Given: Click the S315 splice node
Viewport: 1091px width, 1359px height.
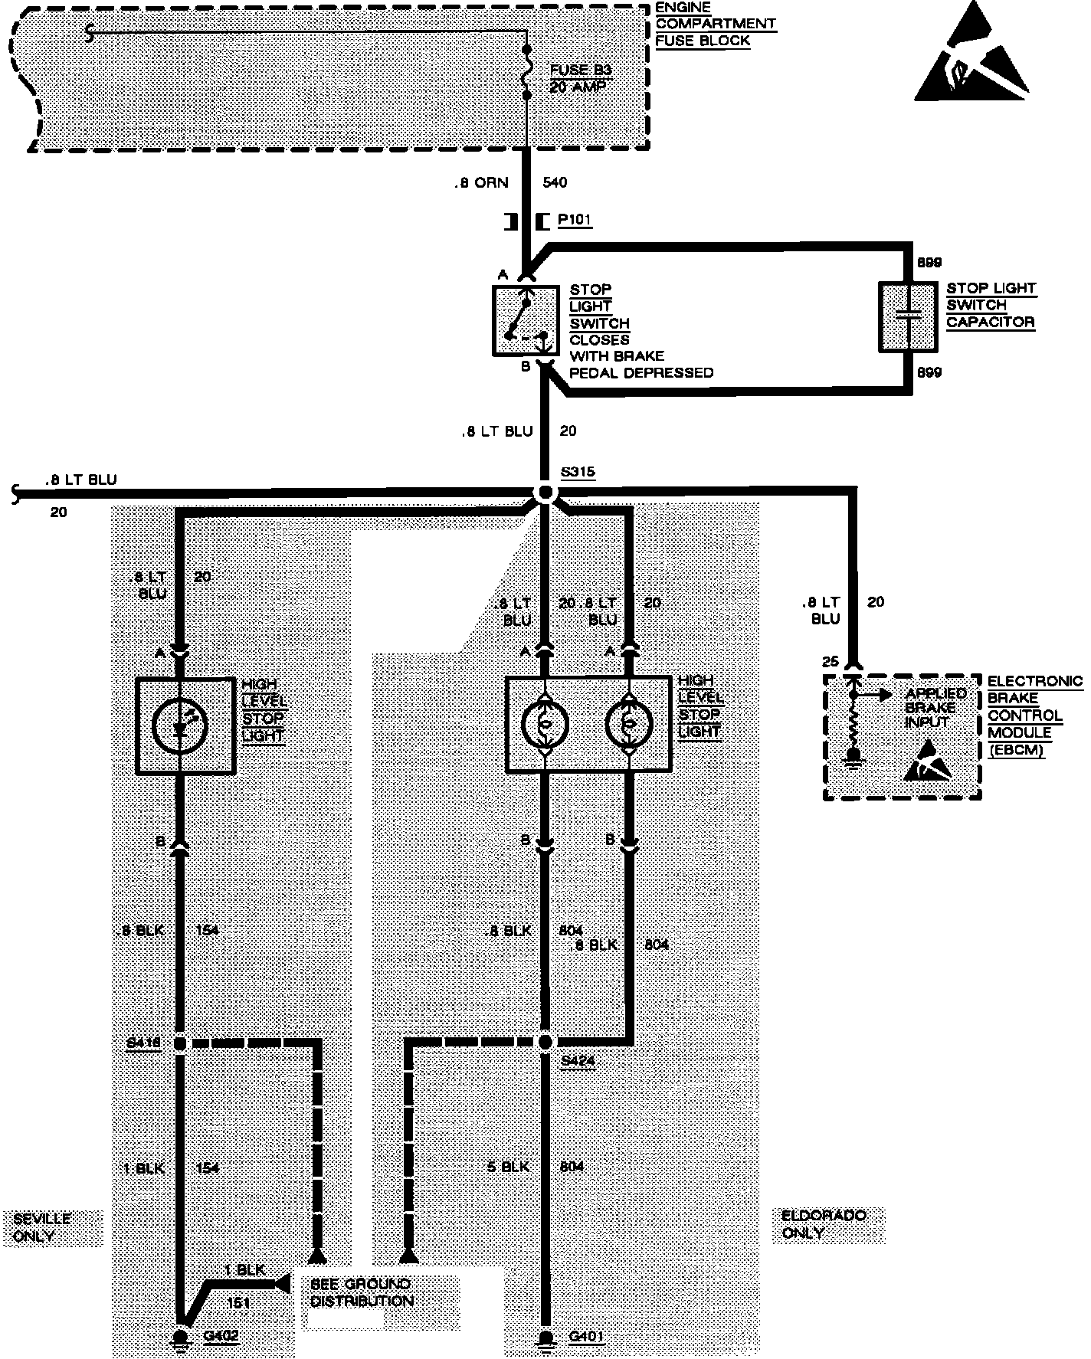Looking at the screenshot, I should coord(545,493).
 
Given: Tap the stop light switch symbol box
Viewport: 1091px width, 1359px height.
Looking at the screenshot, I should coord(525,321).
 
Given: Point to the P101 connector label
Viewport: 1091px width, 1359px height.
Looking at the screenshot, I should coord(574,221).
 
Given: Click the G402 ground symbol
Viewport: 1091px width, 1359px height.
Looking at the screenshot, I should coord(182,1338).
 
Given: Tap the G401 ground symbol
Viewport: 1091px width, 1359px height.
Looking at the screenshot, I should coord(545,1338).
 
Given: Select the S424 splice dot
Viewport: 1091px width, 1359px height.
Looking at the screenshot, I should coord(545,1042).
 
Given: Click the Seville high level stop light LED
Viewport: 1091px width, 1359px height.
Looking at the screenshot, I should coord(182,725).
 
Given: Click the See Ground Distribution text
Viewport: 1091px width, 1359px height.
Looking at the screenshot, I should coord(362,1292).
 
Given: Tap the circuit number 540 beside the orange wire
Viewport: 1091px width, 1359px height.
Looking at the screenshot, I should coord(555,183).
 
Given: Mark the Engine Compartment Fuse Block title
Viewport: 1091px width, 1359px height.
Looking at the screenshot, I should coord(715,25).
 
